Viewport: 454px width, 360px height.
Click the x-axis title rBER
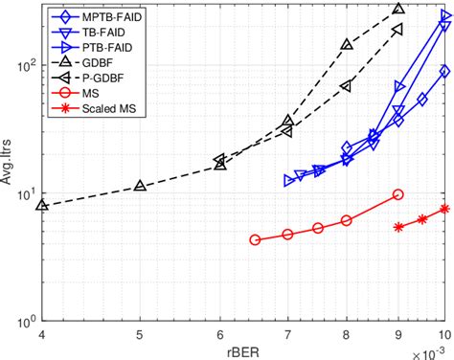(x=242, y=351)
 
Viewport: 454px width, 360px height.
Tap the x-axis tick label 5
(x=140, y=335)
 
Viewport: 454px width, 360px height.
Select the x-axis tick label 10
(x=443, y=335)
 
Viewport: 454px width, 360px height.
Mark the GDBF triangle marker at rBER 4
(x=41, y=205)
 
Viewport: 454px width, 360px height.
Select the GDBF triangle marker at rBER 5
(x=141, y=185)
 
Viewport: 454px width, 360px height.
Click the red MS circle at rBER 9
(x=398, y=194)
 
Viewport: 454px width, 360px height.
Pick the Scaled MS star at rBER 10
(x=444, y=209)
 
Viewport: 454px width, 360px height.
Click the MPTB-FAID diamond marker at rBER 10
(x=444, y=72)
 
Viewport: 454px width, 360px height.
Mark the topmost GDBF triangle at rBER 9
(x=398, y=10)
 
